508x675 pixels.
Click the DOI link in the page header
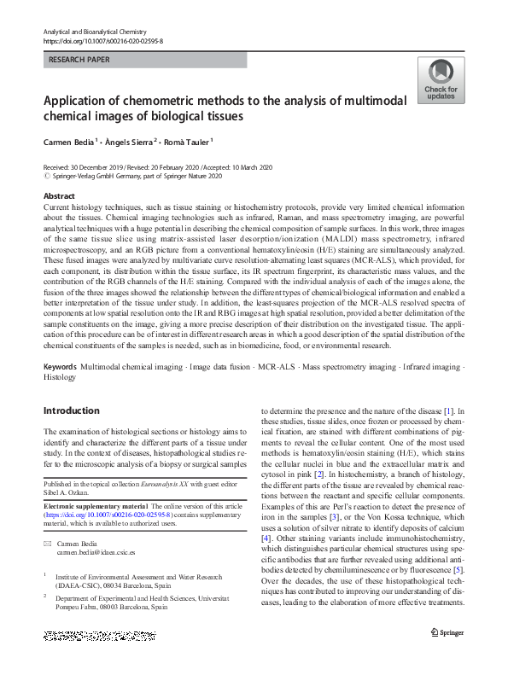pos(102,40)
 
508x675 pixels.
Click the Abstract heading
pos(60,196)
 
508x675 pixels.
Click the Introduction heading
pos(71,410)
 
